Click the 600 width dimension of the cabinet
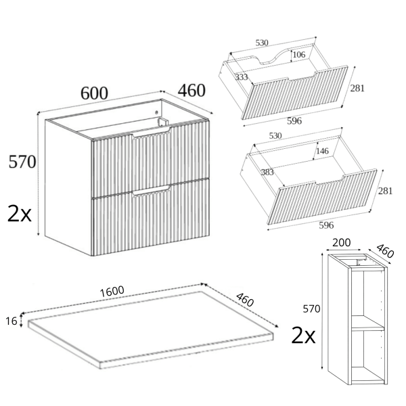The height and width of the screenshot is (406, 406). (94, 93)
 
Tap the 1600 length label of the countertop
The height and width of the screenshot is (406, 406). (112, 292)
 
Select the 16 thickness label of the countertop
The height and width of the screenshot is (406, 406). (12, 321)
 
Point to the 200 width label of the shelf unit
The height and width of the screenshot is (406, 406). (341, 243)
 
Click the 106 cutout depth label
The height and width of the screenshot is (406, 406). (299, 54)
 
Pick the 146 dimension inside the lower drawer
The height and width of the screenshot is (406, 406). (322, 151)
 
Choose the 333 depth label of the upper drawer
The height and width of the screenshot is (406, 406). (242, 77)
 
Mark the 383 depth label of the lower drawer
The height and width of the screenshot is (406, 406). (267, 172)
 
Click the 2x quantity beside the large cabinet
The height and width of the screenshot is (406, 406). (20, 213)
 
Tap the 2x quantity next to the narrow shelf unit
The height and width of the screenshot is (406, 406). (303, 335)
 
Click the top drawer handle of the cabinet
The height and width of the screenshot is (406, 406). (152, 133)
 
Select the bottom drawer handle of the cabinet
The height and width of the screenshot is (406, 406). (151, 191)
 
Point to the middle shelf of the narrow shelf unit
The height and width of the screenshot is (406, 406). (367, 323)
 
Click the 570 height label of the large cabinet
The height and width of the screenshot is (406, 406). (22, 162)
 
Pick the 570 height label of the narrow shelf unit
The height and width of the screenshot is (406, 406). (311, 309)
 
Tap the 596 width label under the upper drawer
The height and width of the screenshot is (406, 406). (294, 121)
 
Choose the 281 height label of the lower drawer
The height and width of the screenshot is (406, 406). (385, 191)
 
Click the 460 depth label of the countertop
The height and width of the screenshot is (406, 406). (245, 300)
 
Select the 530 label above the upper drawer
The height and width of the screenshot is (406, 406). (262, 43)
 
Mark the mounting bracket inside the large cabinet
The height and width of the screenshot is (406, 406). (163, 122)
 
